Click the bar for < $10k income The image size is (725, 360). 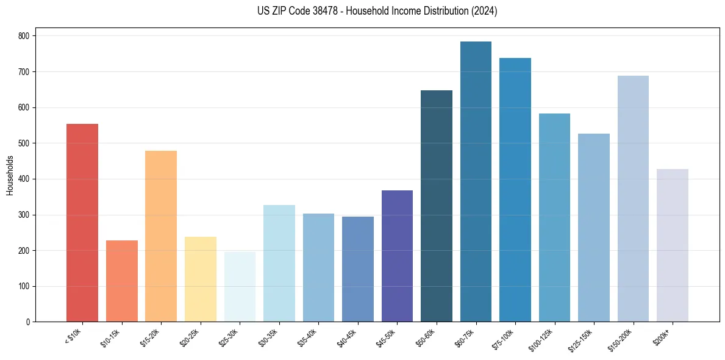(x=82, y=223)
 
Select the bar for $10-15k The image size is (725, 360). (x=122, y=281)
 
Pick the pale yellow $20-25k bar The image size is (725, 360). (x=201, y=279)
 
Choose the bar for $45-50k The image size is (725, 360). (x=397, y=256)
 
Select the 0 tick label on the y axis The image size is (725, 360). (x=29, y=322)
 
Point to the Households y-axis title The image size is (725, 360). (x=10, y=175)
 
